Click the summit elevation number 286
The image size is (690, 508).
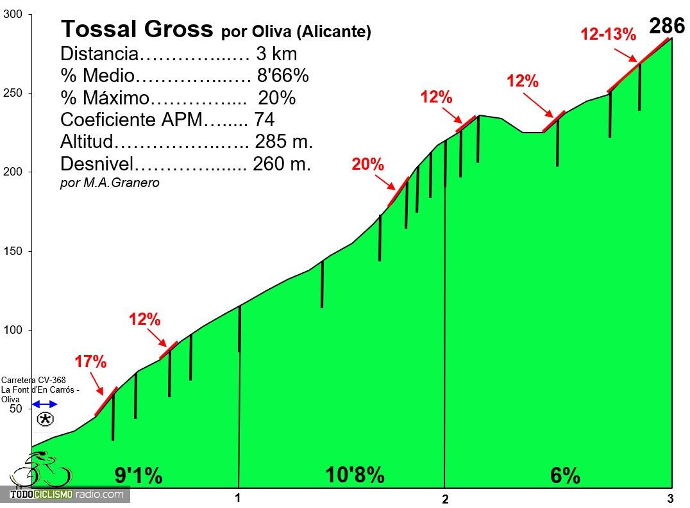[x=668, y=26]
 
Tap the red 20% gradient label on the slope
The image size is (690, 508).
[x=367, y=165]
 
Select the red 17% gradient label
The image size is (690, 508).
[x=90, y=362]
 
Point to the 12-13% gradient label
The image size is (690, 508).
[x=608, y=35]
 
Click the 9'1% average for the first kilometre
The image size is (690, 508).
[x=138, y=476]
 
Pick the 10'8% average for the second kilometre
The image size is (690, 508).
[x=355, y=475]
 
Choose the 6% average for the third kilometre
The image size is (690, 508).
[x=565, y=476]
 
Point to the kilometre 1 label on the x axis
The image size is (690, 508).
[x=237, y=498]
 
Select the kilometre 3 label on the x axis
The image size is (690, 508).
[x=670, y=498]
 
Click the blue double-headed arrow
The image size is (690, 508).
[x=45, y=404]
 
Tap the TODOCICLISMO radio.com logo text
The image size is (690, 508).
[x=66, y=495]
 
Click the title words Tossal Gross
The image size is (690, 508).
[x=136, y=29]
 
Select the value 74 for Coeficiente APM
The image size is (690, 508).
[x=264, y=120]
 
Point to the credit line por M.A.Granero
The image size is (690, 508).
[x=110, y=183]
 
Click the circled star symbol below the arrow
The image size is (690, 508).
[x=46, y=420]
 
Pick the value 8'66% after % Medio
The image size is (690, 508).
[x=283, y=76]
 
